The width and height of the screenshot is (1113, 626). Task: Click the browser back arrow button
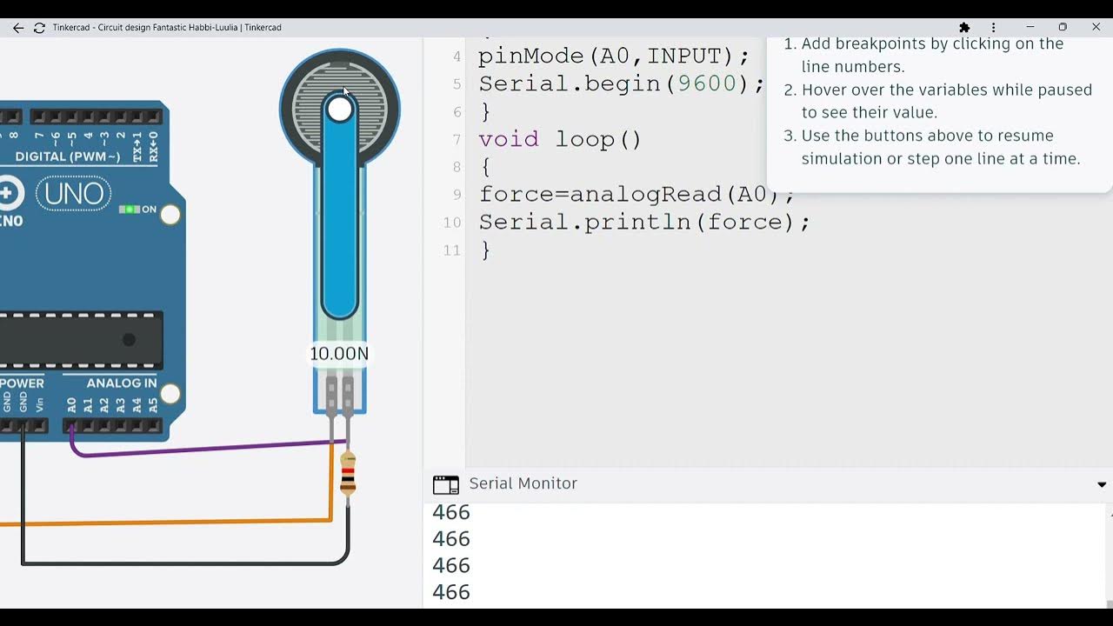tap(18, 28)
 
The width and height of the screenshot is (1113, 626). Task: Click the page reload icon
tap(39, 28)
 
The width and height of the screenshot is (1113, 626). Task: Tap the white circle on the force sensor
tap(340, 110)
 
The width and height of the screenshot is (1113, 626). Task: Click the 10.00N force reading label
tap(339, 354)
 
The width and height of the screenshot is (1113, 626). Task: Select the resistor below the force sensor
tap(348, 475)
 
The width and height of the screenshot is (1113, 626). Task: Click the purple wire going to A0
tap(200, 449)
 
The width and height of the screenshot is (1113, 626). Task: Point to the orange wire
tap(174, 523)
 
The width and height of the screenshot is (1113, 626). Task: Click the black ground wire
tap(174, 563)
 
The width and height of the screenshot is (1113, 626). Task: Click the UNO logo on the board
tap(74, 194)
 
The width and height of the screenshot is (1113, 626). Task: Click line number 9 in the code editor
tap(457, 195)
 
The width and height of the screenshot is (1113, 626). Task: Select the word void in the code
tap(509, 139)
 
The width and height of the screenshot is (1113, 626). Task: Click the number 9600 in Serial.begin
tap(706, 83)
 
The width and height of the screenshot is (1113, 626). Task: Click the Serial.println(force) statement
tap(643, 223)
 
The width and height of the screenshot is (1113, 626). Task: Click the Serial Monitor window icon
tap(445, 484)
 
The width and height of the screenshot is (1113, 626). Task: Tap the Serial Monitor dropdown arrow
tap(1102, 484)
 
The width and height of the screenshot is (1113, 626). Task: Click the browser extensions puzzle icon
tap(964, 28)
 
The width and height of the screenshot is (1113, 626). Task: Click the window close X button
tap(1096, 28)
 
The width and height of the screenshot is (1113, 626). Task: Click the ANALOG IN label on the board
tap(122, 383)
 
